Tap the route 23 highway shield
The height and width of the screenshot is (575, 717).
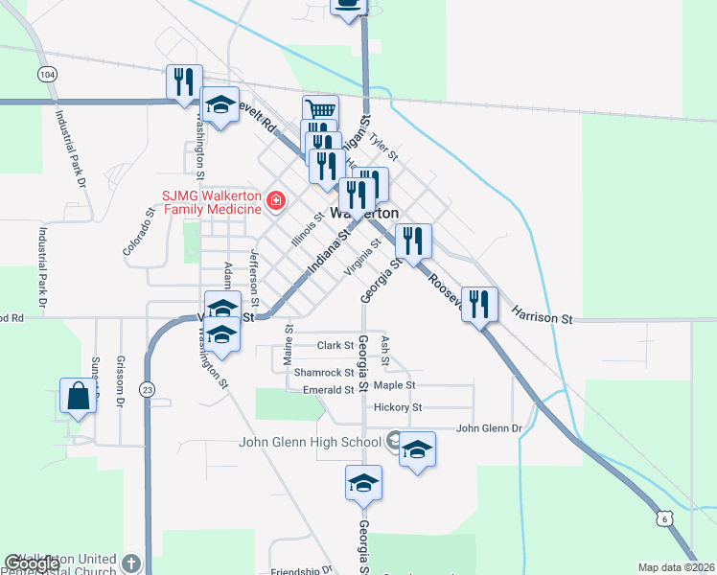tap(147, 389)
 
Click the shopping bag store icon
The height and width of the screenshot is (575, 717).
tap(77, 397)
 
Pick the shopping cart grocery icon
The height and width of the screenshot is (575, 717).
tap(320, 112)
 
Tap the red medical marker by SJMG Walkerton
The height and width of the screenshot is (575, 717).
tap(276, 200)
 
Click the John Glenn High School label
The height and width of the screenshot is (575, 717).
tap(310, 442)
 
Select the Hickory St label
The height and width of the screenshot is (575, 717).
tap(398, 407)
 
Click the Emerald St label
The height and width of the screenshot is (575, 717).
tap(329, 390)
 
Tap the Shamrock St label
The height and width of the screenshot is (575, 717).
tap(324, 373)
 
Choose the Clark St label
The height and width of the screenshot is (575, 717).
tap(335, 345)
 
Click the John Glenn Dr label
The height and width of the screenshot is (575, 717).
tap(488, 428)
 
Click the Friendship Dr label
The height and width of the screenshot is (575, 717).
tap(300, 570)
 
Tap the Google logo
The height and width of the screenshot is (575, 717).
tap(32, 563)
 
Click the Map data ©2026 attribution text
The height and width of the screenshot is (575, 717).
tap(675, 567)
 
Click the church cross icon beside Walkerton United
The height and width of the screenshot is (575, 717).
tap(132, 563)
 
